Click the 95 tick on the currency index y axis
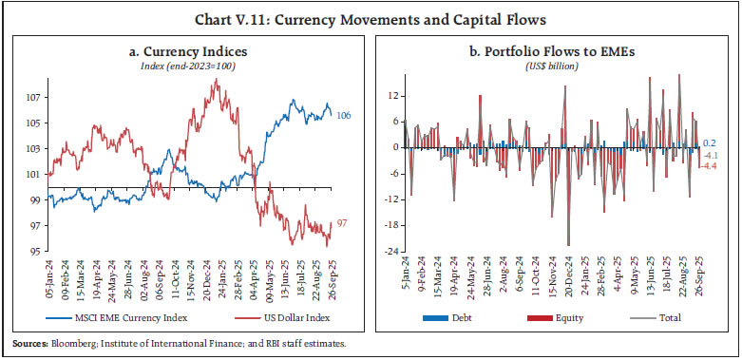tap(33, 252)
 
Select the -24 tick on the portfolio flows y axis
tap(387, 252)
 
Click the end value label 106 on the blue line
tap(345, 115)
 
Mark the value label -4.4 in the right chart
tap(711, 167)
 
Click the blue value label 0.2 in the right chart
tap(710, 141)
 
